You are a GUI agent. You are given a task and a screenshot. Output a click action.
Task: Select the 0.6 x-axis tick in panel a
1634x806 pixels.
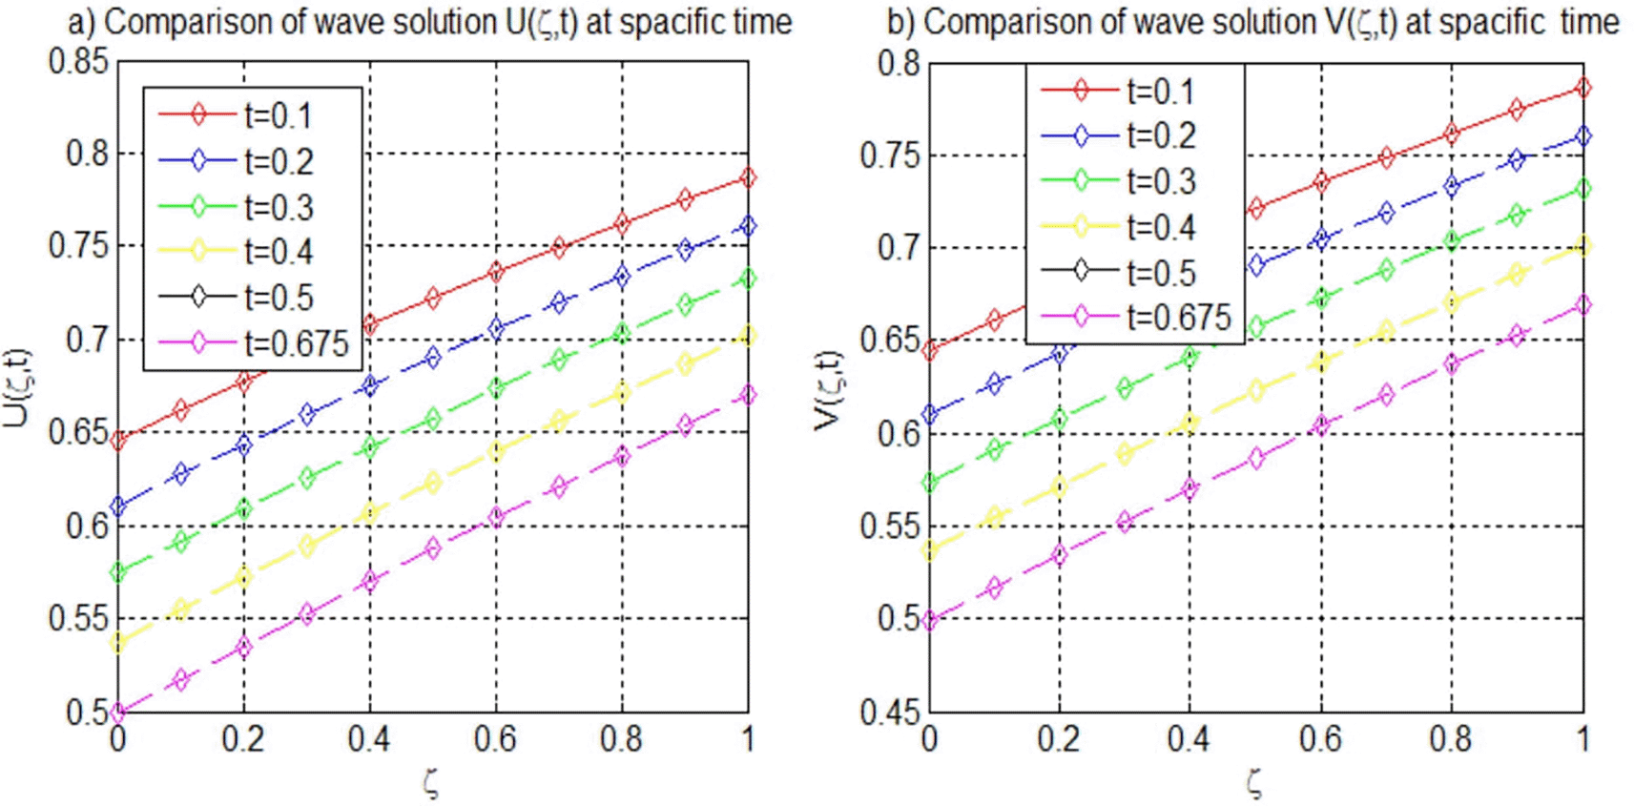click(496, 739)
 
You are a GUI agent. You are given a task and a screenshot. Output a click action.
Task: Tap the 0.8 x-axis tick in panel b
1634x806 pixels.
click(1451, 739)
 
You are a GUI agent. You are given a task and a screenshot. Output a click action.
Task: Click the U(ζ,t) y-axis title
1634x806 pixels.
click(18, 386)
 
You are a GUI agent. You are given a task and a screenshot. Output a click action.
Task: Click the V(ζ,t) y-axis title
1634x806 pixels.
click(829, 389)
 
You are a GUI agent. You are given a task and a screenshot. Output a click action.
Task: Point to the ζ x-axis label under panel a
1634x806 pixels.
click(432, 783)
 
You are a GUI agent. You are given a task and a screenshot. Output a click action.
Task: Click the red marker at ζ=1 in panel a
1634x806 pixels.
click(748, 178)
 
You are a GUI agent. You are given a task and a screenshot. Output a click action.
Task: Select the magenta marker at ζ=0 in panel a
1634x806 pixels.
click(118, 712)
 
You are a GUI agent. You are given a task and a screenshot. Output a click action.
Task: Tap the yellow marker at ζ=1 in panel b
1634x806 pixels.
click(1583, 246)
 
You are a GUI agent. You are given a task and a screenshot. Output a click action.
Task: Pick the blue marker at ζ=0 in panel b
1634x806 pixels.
click(930, 415)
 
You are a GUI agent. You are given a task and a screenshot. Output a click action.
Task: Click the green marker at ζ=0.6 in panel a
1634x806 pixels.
click(496, 388)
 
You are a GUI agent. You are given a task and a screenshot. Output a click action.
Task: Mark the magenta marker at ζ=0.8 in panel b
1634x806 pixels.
click(1451, 363)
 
